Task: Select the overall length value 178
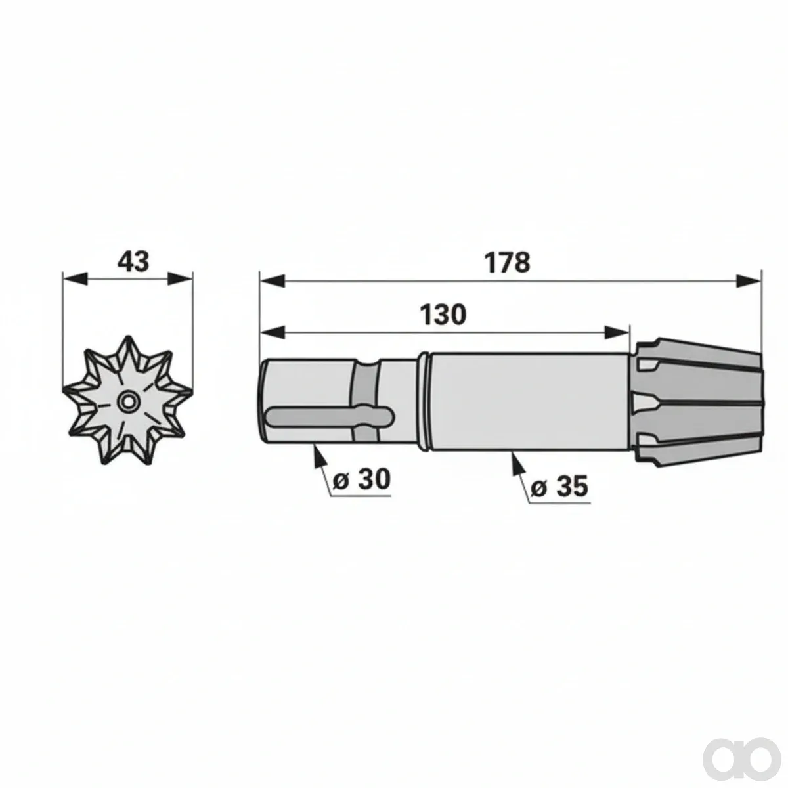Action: coord(507,263)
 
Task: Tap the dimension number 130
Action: coord(443,315)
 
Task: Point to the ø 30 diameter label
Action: coord(361,479)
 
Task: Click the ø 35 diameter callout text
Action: coord(559,487)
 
